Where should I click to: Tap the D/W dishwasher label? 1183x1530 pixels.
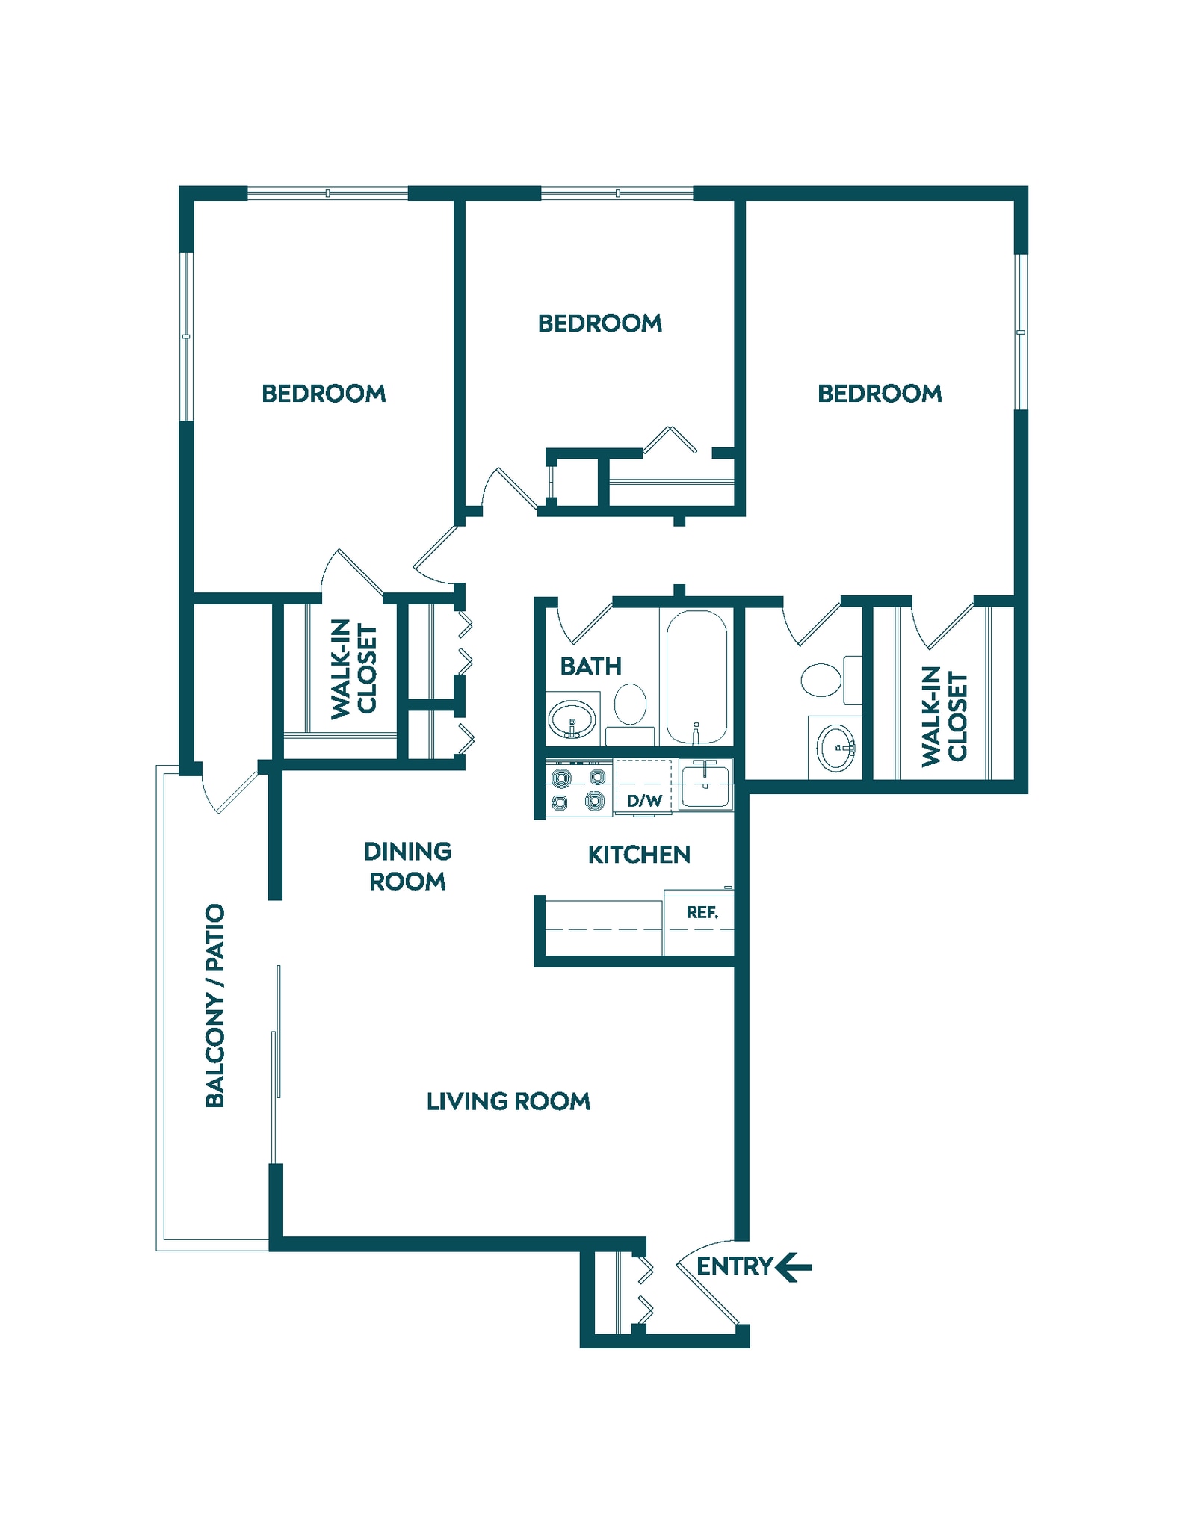[644, 801]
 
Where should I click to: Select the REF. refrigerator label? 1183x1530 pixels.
[702, 912]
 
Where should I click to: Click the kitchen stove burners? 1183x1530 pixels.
[578, 789]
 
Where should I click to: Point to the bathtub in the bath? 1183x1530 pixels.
[696, 676]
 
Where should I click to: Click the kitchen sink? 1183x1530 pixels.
[705, 785]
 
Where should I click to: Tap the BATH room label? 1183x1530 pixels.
[590, 666]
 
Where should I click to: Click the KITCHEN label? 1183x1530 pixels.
[639, 855]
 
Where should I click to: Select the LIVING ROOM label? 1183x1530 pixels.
[508, 1101]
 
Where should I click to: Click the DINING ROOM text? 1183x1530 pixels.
[407, 867]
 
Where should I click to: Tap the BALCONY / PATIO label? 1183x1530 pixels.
[214, 1005]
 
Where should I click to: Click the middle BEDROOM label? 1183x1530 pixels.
[599, 323]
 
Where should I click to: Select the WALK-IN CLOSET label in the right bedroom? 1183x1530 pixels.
[944, 716]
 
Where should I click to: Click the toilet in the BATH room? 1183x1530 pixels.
[631, 704]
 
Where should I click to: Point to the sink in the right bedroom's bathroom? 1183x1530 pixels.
[835, 748]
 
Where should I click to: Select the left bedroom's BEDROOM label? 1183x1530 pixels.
[324, 394]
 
